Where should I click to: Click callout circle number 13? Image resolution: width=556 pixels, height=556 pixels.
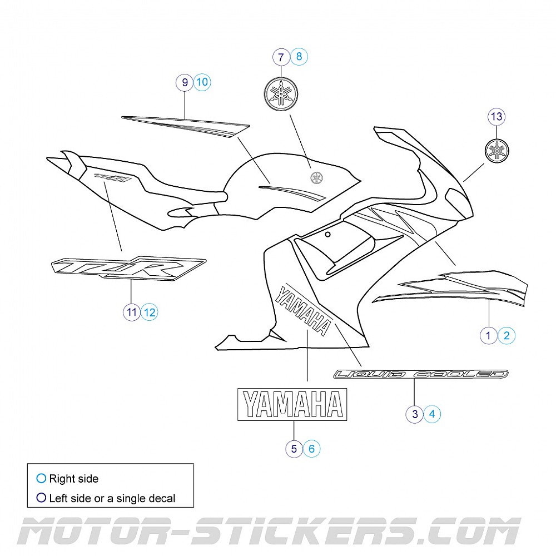[497, 117]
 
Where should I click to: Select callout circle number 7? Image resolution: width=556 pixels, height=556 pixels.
[281, 57]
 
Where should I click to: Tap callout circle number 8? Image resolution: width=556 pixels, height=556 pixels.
[299, 57]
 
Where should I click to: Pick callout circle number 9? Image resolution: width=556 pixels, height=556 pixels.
[184, 83]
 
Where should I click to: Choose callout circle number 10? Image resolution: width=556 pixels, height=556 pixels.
[202, 83]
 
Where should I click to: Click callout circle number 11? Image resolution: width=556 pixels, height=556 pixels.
[131, 312]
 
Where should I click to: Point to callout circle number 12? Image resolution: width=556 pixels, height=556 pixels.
[149, 312]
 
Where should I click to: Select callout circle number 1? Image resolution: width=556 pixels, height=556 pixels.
[489, 335]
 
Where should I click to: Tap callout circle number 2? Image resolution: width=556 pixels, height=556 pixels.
[507, 335]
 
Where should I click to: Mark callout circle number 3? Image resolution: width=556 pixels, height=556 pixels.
[415, 414]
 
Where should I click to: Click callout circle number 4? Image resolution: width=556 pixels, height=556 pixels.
[433, 414]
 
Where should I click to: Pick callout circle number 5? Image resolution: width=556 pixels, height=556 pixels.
[294, 448]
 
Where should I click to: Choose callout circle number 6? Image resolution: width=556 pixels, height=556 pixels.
[311, 448]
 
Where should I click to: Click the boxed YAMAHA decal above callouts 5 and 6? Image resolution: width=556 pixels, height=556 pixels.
[292, 404]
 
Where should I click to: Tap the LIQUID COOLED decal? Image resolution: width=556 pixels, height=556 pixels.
[420, 374]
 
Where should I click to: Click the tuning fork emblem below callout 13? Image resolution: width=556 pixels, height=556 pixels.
[497, 151]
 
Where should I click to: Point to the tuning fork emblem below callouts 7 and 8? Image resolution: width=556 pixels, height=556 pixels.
[281, 92]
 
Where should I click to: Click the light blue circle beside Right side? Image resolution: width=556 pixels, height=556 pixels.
[41, 479]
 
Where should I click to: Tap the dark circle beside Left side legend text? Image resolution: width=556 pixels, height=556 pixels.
[41, 498]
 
